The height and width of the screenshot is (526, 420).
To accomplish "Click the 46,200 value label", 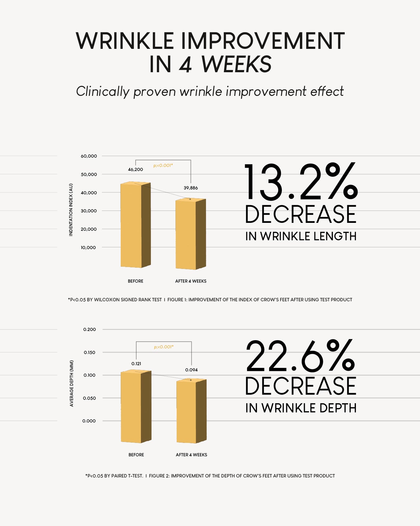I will [x=135, y=170].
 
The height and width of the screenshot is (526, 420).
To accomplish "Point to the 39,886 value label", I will [x=191, y=188].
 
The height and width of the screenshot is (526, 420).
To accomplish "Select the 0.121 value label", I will [x=136, y=364].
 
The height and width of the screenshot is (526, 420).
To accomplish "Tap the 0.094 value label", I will [x=191, y=370].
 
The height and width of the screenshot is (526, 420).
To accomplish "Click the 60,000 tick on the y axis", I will [x=89, y=156].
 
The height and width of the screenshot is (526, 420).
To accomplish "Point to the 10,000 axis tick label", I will [x=88, y=248].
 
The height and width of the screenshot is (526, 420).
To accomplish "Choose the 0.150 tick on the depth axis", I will [x=90, y=353].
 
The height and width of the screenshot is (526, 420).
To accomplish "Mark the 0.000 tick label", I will [x=89, y=421].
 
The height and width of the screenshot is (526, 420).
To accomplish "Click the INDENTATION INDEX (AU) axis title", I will [x=71, y=210].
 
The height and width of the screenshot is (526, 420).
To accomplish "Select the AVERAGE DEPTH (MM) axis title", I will [x=72, y=383].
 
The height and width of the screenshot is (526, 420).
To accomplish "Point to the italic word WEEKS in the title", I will [x=236, y=64].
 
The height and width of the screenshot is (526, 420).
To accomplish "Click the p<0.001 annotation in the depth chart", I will [x=164, y=347].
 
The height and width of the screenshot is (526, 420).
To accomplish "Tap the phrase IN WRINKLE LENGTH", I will [x=301, y=237].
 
